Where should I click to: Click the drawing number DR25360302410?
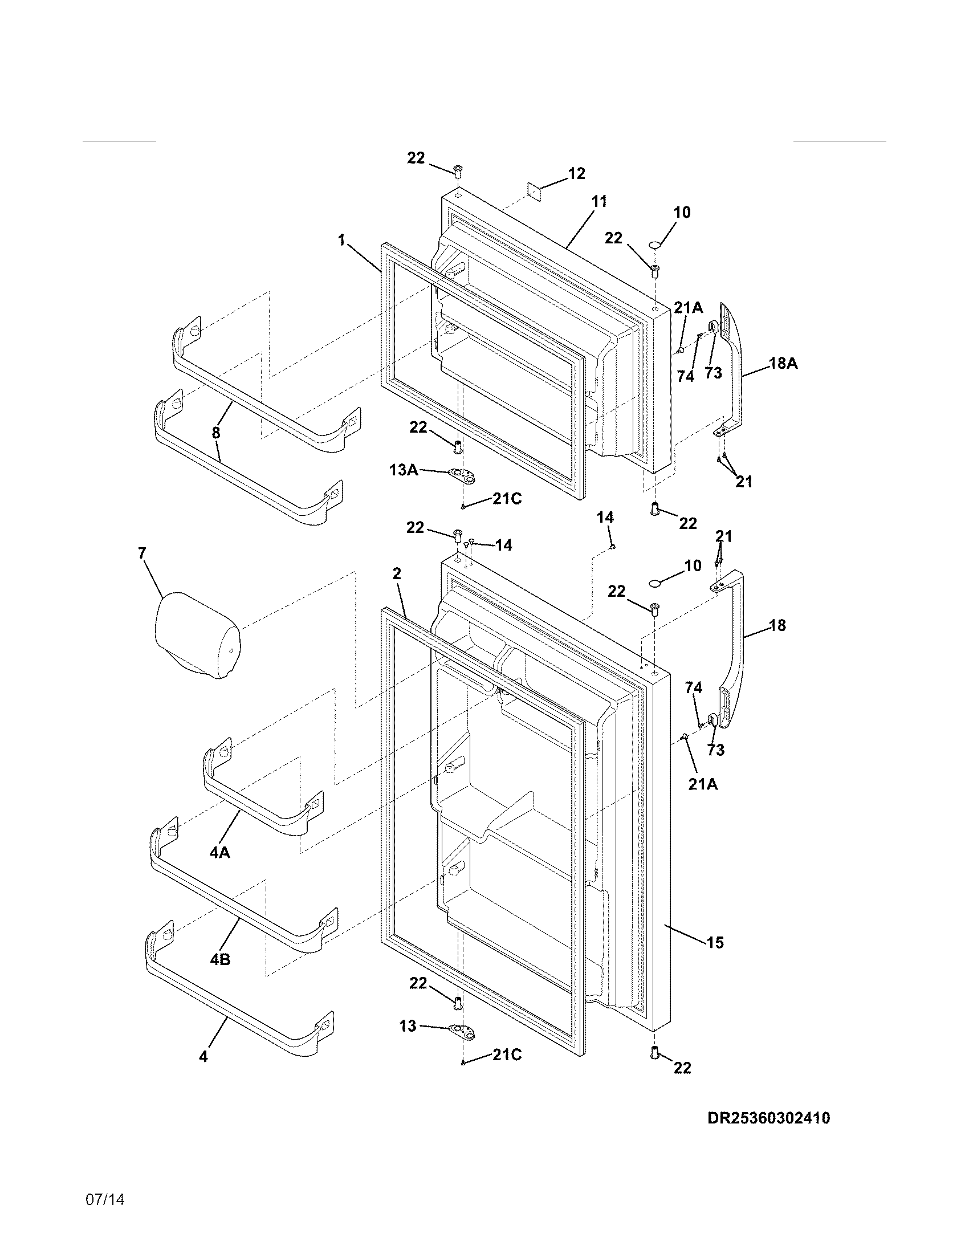point(768,1118)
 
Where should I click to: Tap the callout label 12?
point(576,173)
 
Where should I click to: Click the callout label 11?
point(598,202)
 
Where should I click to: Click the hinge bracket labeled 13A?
point(463,474)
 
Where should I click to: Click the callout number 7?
point(142,553)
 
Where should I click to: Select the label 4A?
point(219,853)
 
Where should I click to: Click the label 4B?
point(220,959)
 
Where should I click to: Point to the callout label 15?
point(715,942)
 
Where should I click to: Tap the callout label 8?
point(216,433)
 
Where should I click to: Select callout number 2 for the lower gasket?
point(397,573)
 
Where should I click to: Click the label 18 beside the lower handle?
point(777,625)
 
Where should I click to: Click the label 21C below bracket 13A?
point(507,499)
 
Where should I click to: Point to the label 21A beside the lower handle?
point(703,784)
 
